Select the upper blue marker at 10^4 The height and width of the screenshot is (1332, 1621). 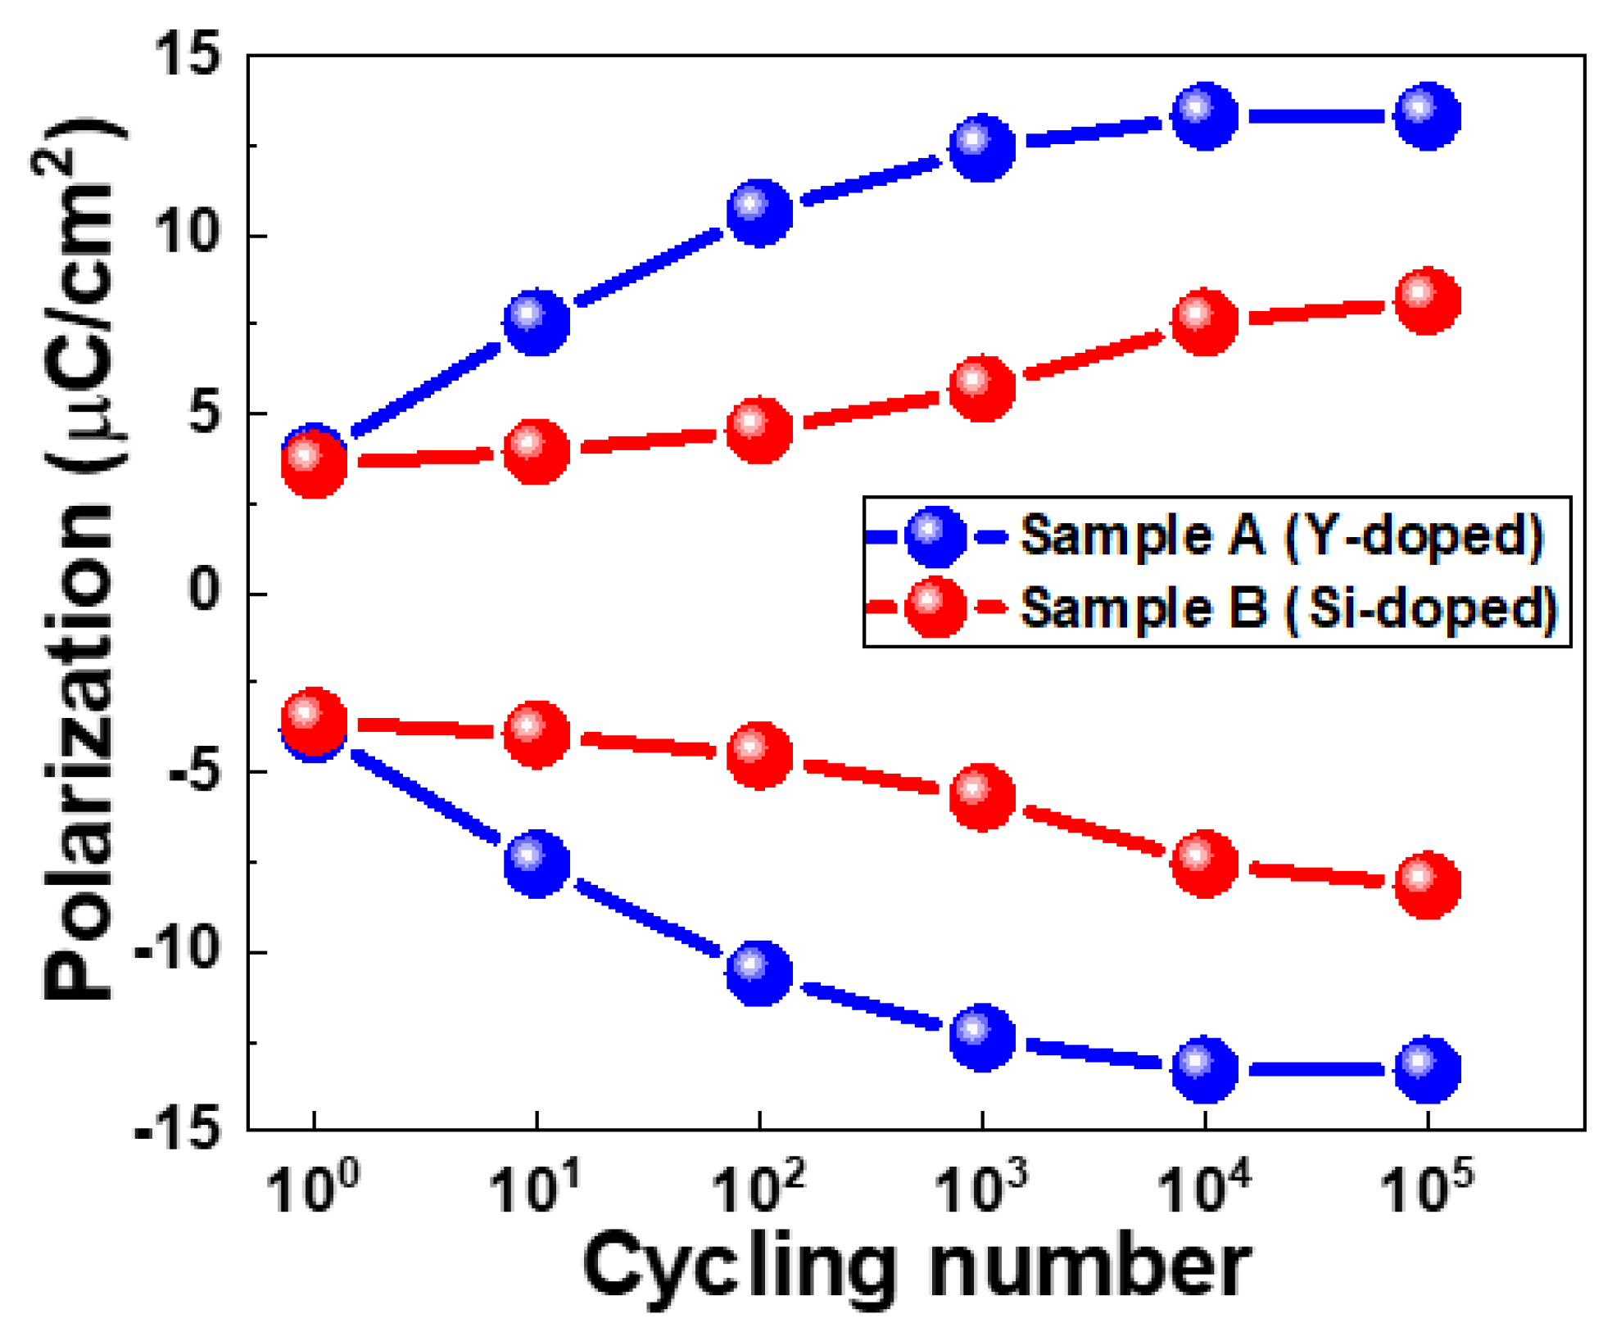tap(1204, 116)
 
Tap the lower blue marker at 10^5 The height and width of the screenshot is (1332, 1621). tap(1428, 1068)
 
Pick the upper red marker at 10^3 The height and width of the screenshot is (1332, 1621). tap(982, 387)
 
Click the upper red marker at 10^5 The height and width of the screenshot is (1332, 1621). tap(1428, 300)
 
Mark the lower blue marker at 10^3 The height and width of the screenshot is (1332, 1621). tap(982, 1037)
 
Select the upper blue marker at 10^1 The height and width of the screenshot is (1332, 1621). tap(537, 321)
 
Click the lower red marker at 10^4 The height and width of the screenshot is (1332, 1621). tap(1204, 863)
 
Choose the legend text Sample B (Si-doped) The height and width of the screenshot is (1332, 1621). tap(1288, 608)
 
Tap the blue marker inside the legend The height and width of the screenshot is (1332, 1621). tap(936, 536)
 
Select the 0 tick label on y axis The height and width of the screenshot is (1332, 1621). tap(204, 591)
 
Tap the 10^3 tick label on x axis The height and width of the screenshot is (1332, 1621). tap(980, 1187)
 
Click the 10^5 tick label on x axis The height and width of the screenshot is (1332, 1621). tap(1426, 1187)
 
